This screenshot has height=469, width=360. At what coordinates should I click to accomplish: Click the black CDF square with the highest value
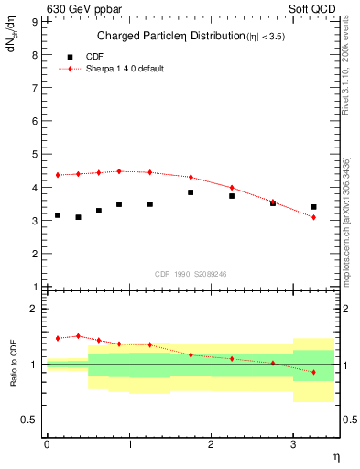(x=191, y=192)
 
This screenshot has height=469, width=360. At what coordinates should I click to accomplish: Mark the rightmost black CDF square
(x=313, y=207)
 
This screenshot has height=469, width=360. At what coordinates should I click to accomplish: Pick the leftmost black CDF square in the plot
(x=58, y=215)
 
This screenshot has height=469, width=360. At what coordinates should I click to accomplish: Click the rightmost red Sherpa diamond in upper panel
(x=313, y=217)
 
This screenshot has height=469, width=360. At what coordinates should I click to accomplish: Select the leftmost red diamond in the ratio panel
(x=58, y=338)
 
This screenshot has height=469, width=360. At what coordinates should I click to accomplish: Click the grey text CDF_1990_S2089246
(x=191, y=273)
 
